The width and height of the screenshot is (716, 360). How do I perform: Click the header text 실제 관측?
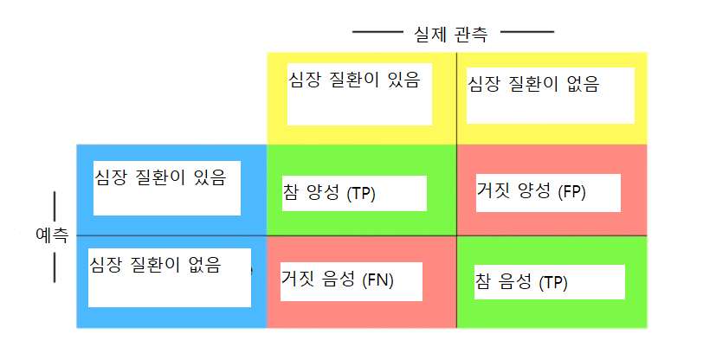(451, 34)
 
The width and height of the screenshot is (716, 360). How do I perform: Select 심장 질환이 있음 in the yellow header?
(354, 80)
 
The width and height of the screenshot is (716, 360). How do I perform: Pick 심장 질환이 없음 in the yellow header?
(532, 85)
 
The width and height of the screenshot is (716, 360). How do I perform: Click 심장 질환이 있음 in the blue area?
(159, 178)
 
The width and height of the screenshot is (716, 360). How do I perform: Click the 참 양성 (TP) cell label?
(328, 193)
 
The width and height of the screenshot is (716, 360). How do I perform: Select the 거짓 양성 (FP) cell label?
(531, 191)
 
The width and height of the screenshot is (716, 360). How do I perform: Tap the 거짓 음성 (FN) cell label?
(338, 280)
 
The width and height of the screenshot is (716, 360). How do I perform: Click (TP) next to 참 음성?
(553, 282)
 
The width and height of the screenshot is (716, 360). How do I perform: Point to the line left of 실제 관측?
(378, 32)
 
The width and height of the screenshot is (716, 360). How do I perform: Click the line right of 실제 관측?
(527, 32)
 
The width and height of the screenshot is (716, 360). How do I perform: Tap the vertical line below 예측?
(55, 267)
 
